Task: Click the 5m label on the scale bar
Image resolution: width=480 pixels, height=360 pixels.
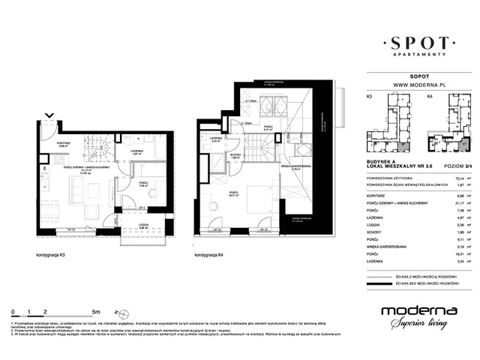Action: pos(96,310)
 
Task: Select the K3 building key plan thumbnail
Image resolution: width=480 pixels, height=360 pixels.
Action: pos(388,125)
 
